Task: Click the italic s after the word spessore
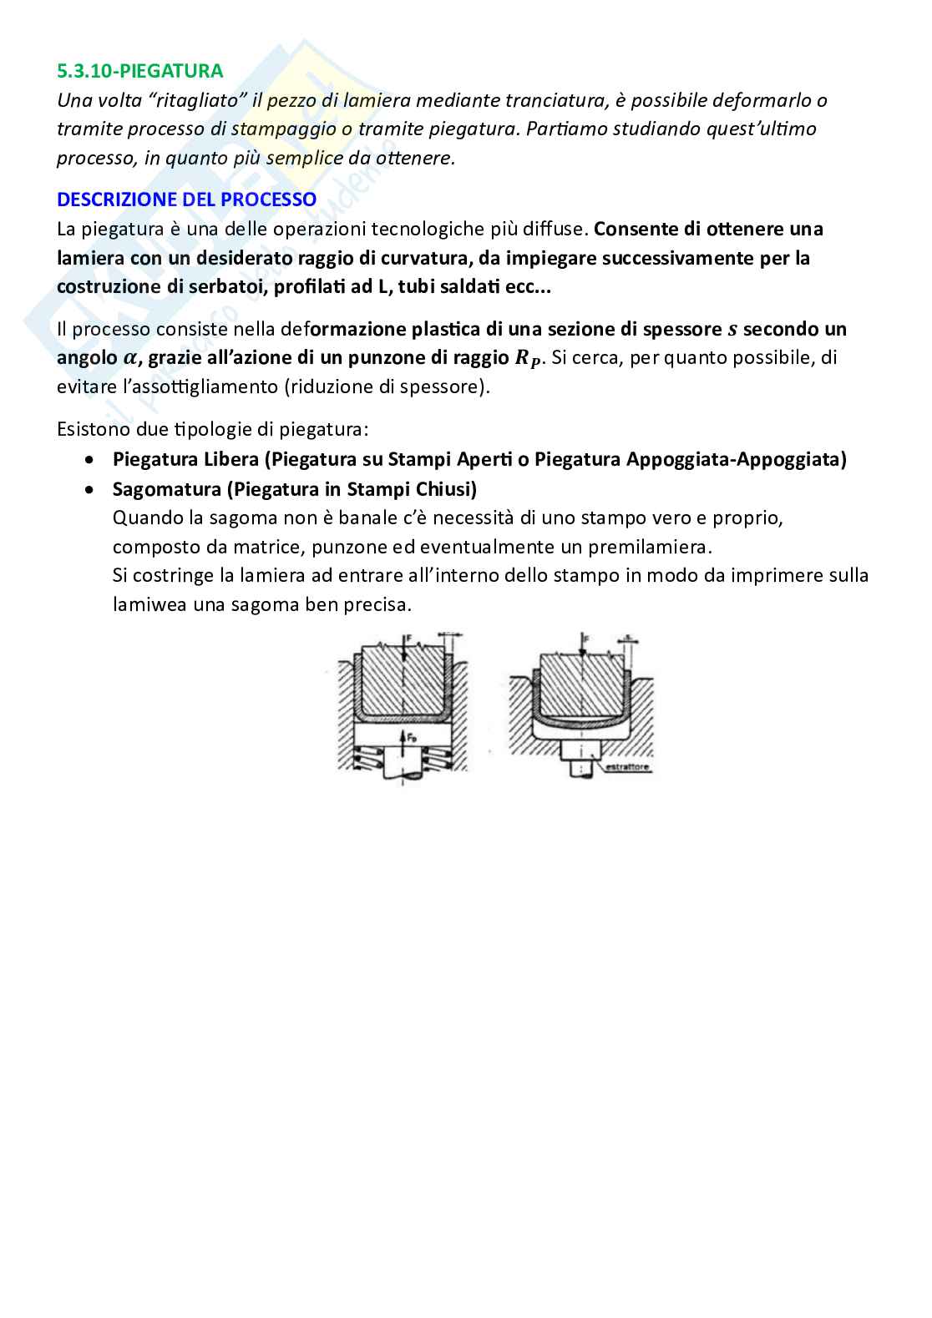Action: click(x=733, y=329)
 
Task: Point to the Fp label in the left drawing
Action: click(x=411, y=737)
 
